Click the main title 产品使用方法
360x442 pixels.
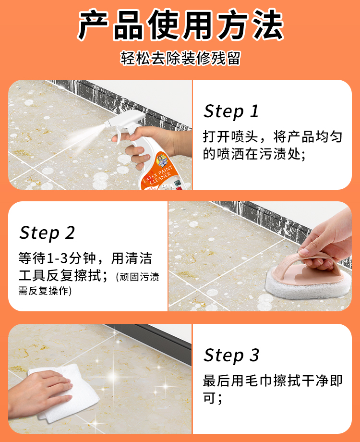click(180, 25)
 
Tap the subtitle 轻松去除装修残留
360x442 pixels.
click(180, 58)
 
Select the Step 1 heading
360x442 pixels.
click(231, 111)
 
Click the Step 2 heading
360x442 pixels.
click(47, 233)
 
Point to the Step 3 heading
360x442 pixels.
click(231, 356)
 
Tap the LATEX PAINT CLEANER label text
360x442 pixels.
click(158, 175)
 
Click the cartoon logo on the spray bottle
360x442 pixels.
click(162, 160)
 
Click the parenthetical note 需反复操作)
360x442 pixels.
click(45, 291)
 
